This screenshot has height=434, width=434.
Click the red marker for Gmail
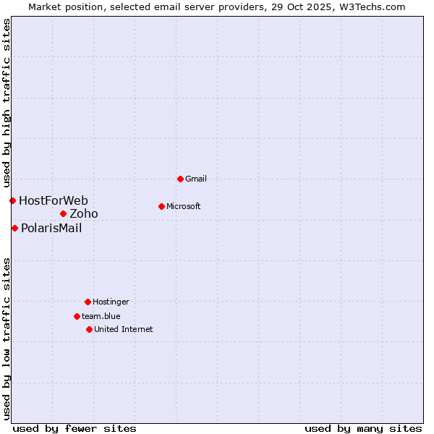pos(180,179)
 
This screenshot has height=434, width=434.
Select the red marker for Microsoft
pos(161,206)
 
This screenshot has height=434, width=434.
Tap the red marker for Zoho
pos(63,213)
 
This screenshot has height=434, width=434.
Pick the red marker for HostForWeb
pos(12,200)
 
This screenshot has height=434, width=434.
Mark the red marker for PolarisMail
pos(14,228)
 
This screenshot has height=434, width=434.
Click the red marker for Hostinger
pos(88,302)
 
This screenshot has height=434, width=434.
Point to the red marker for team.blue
pos(77,316)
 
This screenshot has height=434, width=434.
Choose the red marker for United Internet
pos(89,329)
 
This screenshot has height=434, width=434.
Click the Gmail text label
pos(196,179)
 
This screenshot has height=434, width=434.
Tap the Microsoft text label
pos(184,206)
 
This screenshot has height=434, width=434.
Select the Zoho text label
pos(84,213)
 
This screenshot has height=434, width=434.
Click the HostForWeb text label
pos(54,200)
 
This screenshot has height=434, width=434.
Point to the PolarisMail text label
pos(51,228)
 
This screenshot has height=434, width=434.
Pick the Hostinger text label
pos(111,302)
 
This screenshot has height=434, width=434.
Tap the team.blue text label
pos(101,316)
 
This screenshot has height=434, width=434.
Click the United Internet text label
pos(124,329)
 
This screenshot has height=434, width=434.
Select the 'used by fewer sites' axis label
pos(75,428)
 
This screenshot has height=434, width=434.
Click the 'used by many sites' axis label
pos(363,428)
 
